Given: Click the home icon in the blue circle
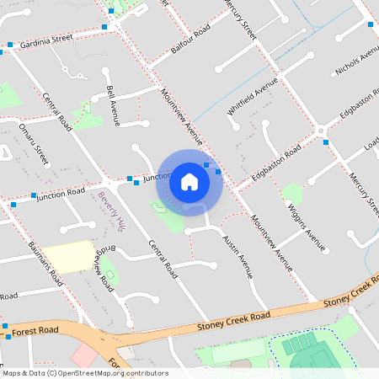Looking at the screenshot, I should point(189,181).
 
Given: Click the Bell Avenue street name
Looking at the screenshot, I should point(112,105).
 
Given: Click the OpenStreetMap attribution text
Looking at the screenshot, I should point(84,373).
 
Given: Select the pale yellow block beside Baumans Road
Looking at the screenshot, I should point(68,256).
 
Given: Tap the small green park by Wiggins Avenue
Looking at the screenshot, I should point(291,194).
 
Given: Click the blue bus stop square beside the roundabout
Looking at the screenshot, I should point(326,142).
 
